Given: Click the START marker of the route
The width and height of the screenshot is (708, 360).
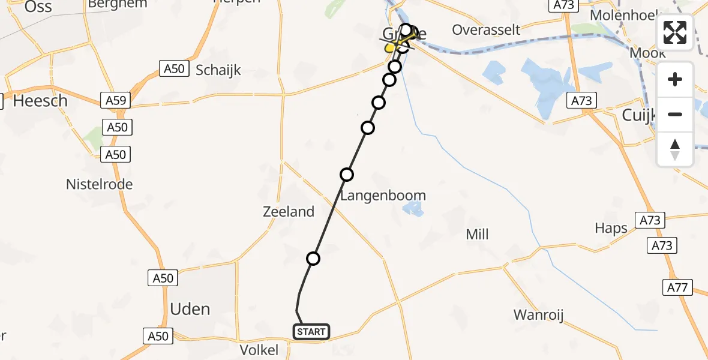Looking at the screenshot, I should [311, 331].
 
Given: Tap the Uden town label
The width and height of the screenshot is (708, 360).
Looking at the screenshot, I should [190, 309].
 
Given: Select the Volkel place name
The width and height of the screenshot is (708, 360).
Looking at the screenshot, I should [259, 349].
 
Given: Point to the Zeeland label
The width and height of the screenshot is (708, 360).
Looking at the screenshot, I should [289, 211].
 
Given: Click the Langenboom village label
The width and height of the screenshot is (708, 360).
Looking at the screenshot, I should [383, 196].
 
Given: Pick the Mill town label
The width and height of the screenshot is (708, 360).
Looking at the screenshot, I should [478, 234].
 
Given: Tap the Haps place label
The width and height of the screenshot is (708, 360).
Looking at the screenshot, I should [611, 228].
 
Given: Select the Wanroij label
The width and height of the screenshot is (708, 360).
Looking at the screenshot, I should [538, 314].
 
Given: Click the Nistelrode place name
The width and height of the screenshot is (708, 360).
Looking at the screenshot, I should [99, 184].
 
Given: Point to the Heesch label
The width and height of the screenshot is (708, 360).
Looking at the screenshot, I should [40, 101].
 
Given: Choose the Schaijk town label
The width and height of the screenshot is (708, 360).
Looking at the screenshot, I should [218, 70].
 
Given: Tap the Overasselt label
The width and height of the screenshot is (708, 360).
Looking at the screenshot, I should [486, 30].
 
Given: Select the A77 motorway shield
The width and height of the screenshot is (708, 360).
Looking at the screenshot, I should [677, 288].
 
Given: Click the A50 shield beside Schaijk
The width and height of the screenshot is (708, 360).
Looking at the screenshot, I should [173, 68].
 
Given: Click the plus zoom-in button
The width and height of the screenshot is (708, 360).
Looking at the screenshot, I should [675, 79].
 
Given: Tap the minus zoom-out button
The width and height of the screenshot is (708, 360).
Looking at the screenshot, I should [675, 114].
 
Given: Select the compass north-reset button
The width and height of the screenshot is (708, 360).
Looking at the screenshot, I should [675, 149].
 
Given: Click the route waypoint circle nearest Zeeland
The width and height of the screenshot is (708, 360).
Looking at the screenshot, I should [313, 259].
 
